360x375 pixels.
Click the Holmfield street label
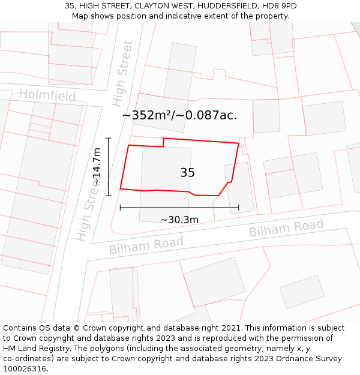[47, 95]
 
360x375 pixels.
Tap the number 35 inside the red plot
[187, 173]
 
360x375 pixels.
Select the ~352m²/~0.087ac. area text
[179, 115]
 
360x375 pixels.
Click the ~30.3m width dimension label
[179, 220]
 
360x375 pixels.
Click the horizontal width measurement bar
[179, 208]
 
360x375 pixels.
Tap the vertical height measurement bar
[109, 167]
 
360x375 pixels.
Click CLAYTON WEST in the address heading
[160, 6]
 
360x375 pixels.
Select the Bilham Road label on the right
[286, 228]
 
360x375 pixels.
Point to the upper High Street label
[122, 73]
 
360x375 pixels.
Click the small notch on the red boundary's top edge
[164, 142]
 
